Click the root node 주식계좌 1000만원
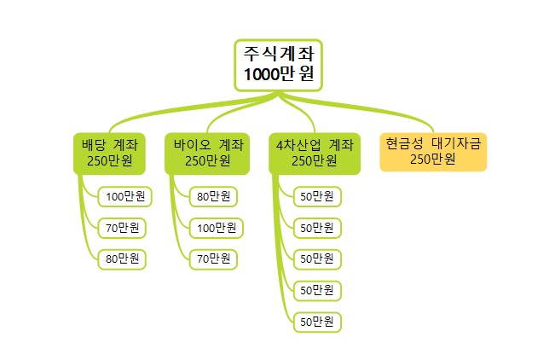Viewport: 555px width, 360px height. tap(278, 65)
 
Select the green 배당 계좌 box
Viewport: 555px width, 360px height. tap(108, 152)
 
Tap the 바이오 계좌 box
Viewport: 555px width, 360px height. tap(207, 152)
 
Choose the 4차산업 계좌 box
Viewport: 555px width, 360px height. tap(315, 152)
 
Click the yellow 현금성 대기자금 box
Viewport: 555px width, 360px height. tap(432, 152)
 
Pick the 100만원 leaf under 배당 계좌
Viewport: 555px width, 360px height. tap(124, 197)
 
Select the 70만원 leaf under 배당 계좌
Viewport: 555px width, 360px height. tap(122, 228)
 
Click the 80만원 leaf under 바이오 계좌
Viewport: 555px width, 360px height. tap(213, 197)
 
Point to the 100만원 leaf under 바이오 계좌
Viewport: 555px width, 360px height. tap(217, 228)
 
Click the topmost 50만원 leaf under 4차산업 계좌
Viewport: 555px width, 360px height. tap(317, 197)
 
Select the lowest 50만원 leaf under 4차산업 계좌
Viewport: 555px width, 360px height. tap(317, 322)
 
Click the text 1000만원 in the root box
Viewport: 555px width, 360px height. tap(278, 75)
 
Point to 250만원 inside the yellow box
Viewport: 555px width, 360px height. tap(432, 160)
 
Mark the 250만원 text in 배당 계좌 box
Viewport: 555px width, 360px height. tap(108, 160)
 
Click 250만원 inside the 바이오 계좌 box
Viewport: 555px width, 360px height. tap(207, 160)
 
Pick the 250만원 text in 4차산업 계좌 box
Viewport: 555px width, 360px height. tap(315, 160)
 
